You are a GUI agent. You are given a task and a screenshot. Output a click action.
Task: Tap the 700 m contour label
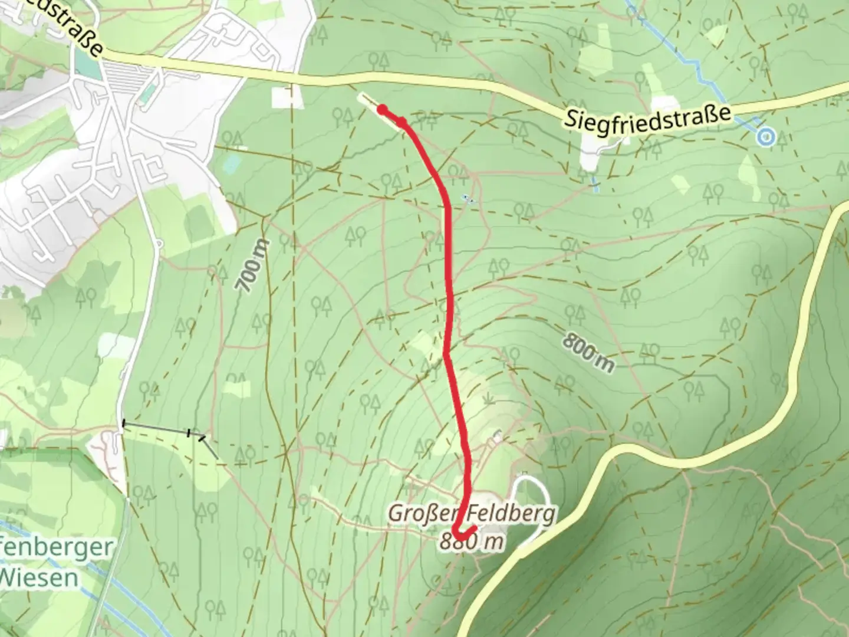click(253, 266)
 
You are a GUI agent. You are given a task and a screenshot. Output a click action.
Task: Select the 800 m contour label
click(587, 352)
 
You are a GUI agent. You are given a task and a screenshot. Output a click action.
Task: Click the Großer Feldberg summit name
click(471, 514)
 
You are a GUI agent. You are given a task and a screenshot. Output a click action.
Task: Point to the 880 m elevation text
click(472, 541)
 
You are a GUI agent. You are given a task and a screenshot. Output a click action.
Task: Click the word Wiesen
click(39, 577)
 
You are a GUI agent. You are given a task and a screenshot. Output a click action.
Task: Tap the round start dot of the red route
click(382, 109)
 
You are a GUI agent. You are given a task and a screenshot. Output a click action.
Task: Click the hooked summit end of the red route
click(463, 531)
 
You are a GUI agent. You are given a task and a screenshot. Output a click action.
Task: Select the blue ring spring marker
click(765, 137)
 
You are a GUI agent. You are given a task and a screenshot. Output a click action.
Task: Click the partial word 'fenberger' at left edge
click(53, 547)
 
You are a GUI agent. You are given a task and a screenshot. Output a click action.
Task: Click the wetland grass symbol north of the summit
click(489, 400)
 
